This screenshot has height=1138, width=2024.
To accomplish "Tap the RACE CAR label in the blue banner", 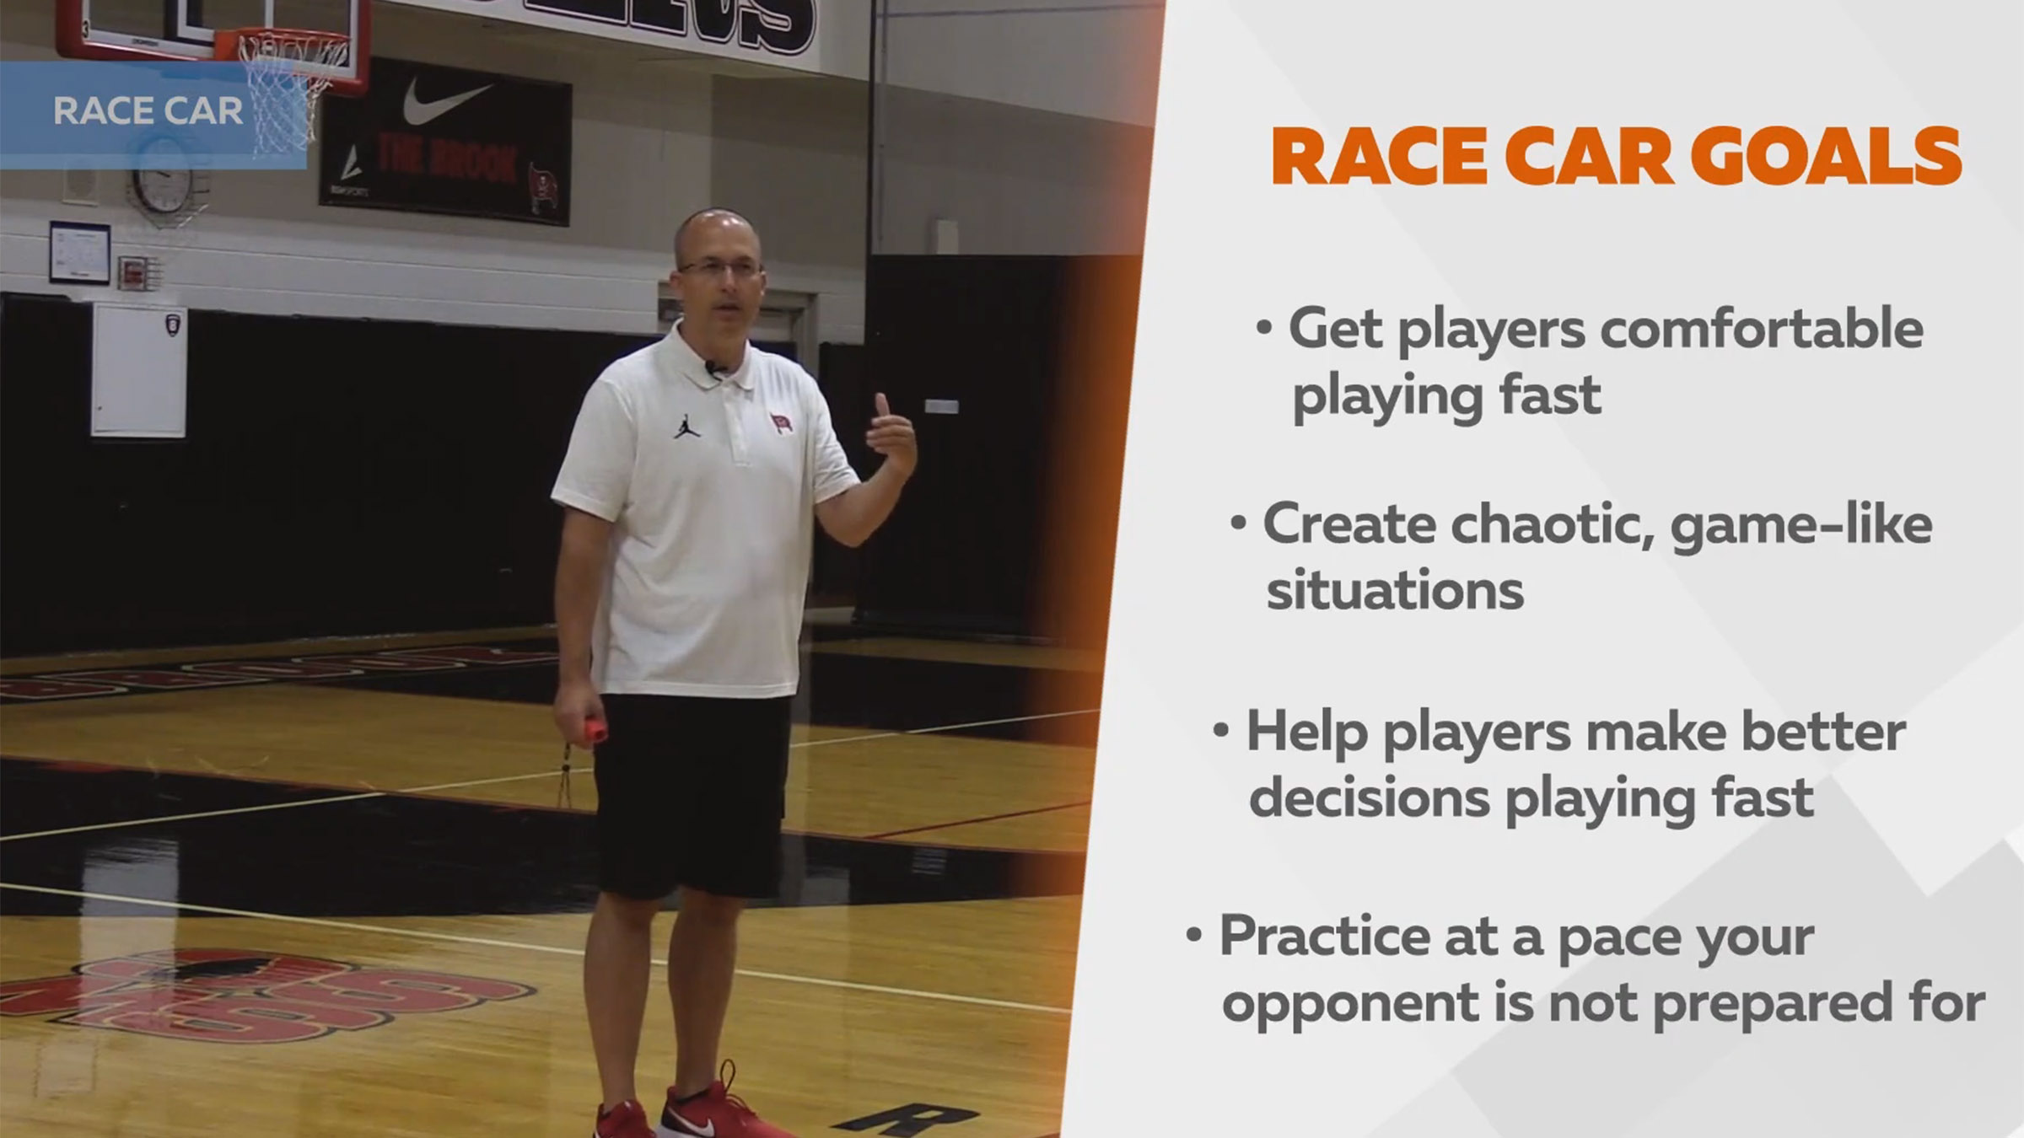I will pos(148,111).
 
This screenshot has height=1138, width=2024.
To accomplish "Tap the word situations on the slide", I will pos(1395,590).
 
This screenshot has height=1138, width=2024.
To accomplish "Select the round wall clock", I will pos(161,184).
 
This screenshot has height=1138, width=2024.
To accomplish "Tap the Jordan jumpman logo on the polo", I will pos(686,426).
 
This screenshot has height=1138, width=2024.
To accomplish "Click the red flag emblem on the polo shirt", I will pos(780,422).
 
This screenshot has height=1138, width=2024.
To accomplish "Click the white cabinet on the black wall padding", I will pos(138,370).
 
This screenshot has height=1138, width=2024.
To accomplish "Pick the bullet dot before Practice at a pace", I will pos(1192,935).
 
